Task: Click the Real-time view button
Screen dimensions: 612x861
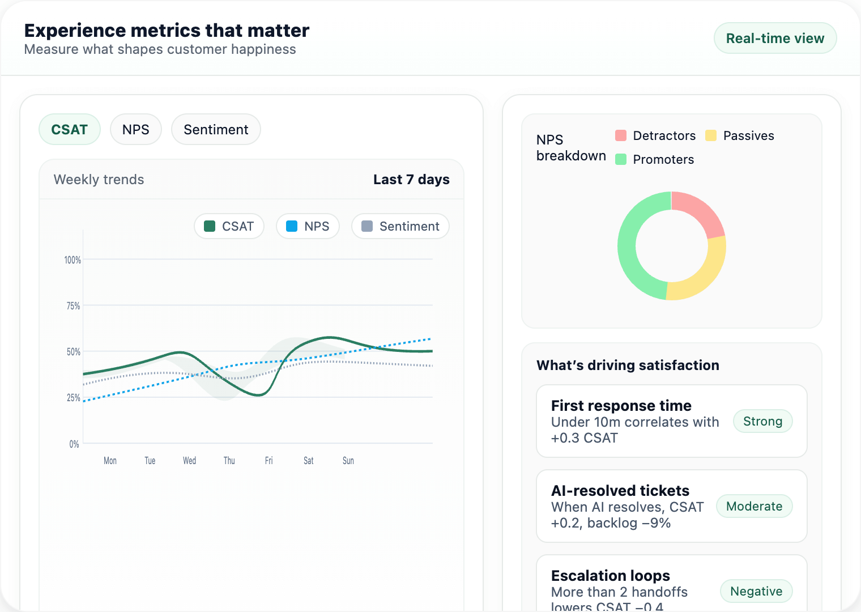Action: click(x=775, y=39)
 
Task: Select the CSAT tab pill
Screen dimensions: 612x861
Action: click(x=70, y=130)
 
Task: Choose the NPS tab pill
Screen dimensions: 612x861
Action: click(x=136, y=130)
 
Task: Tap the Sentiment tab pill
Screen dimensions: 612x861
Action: click(x=216, y=130)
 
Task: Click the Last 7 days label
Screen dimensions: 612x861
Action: click(x=411, y=180)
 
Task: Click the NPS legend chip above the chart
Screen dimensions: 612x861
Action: click(x=308, y=226)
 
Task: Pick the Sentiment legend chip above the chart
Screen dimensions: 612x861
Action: click(x=400, y=226)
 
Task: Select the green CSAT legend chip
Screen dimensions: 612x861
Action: click(x=229, y=226)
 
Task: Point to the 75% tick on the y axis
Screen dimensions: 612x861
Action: click(x=73, y=306)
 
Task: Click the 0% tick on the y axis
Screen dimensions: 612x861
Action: click(x=74, y=444)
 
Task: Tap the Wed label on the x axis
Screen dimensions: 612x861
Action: click(x=189, y=461)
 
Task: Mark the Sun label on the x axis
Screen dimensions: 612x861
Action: click(x=348, y=461)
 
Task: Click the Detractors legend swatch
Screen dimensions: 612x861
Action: click(x=621, y=135)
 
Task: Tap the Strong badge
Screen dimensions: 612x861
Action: click(x=762, y=421)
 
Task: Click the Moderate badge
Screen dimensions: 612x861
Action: click(x=754, y=506)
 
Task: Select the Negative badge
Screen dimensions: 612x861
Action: click(x=756, y=591)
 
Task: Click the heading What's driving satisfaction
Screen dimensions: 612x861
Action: click(x=628, y=365)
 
